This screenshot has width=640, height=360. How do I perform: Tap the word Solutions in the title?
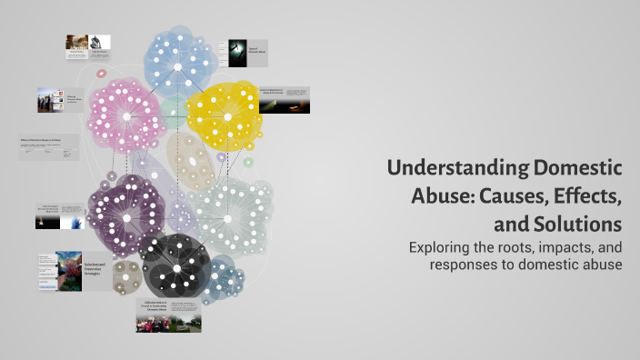pyautogui.click(x=583, y=223)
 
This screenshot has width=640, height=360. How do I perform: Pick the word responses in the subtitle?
pyautogui.click(x=466, y=265)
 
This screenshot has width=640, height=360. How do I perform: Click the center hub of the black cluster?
pyautogui.click(x=175, y=269)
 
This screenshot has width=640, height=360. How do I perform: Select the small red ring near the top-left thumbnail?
pyautogui.click(x=102, y=73)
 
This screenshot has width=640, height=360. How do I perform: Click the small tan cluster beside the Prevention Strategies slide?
pyautogui.click(x=125, y=275)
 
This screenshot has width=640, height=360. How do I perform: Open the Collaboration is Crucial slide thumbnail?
pyautogui.click(x=168, y=314)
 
